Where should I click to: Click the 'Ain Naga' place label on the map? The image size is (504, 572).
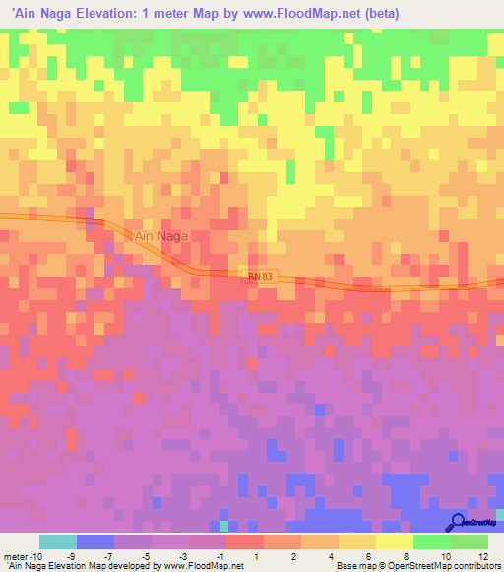click(x=158, y=236)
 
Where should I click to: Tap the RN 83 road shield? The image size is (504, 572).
click(x=256, y=277)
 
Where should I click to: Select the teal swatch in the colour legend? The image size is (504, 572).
click(x=58, y=542)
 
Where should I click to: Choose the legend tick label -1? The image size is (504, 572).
click(x=225, y=556)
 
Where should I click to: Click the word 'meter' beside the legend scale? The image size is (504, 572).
click(x=17, y=556)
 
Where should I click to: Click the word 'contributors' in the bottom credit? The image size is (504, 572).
click(x=473, y=567)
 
